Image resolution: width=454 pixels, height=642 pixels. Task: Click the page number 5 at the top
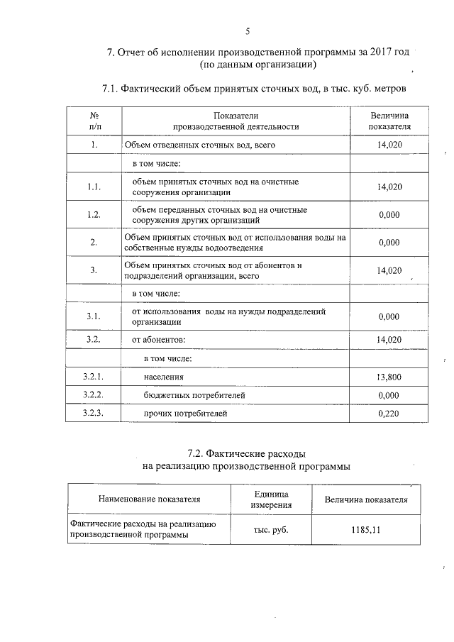247,31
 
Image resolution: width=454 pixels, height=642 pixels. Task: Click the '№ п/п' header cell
94,121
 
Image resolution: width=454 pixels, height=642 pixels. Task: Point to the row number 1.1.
94,187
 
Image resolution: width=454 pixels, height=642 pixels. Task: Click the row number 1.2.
94,215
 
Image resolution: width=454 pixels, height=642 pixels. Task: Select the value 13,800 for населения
389,377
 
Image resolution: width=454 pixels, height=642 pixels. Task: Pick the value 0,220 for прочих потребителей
389,413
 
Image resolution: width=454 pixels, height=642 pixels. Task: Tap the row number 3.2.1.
94,377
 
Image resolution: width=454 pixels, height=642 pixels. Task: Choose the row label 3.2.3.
94,413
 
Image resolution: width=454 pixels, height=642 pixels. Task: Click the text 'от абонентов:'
160,340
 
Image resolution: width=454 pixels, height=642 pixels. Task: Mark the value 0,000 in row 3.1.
389,316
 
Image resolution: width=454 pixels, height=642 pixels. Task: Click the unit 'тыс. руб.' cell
271,530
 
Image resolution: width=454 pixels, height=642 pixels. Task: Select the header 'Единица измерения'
270,499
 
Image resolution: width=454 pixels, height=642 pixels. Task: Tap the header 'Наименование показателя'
149,499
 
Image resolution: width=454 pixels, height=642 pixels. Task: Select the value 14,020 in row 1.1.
389,187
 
